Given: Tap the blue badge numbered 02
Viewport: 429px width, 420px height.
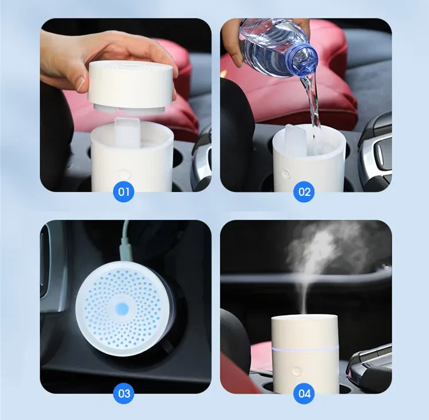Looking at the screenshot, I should (304, 191).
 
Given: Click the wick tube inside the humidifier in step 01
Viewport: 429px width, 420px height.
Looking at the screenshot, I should (129, 132).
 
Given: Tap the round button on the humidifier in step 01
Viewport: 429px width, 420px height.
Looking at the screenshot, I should (122, 172).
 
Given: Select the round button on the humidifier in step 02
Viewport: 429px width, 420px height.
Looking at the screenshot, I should (285, 173).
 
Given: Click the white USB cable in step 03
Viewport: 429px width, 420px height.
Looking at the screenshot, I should (125, 242).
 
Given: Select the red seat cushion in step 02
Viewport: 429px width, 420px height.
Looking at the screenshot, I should (334, 92).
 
